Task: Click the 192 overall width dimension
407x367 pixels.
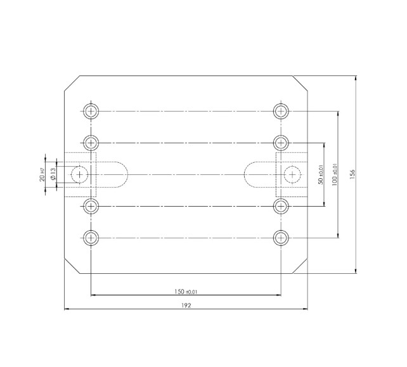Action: (186, 305)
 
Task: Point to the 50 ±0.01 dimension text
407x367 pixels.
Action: (320, 173)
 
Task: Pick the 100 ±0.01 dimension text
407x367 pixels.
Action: (333, 173)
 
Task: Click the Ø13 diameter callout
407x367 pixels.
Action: (54, 173)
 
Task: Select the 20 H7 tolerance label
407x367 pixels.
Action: (42, 173)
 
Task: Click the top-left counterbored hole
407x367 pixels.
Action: (91, 111)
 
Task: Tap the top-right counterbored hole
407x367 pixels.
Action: (281, 111)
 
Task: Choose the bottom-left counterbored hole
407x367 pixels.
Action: (91, 238)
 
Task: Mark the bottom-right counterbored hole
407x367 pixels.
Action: (281, 238)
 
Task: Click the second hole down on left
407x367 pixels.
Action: (91, 141)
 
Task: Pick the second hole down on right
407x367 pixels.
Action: (281, 141)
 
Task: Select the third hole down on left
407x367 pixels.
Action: (91, 205)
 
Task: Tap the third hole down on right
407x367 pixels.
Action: (281, 205)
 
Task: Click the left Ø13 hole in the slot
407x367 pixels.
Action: (80, 173)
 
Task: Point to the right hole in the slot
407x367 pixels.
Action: (292, 173)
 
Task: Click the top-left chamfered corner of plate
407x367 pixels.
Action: (72, 83)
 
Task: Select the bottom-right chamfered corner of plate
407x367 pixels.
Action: (300, 266)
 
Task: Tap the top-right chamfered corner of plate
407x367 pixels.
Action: (300, 83)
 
